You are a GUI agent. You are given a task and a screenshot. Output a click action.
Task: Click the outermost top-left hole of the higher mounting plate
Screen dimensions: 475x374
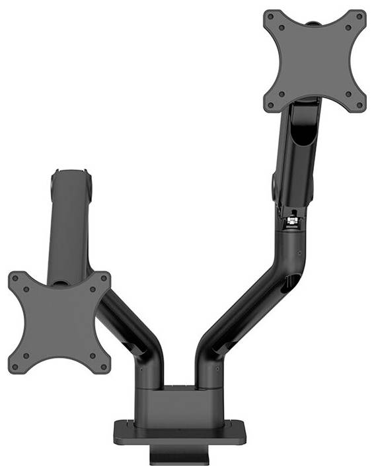coord(271,19)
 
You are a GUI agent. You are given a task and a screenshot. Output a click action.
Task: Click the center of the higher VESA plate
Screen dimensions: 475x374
coord(315,61)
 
